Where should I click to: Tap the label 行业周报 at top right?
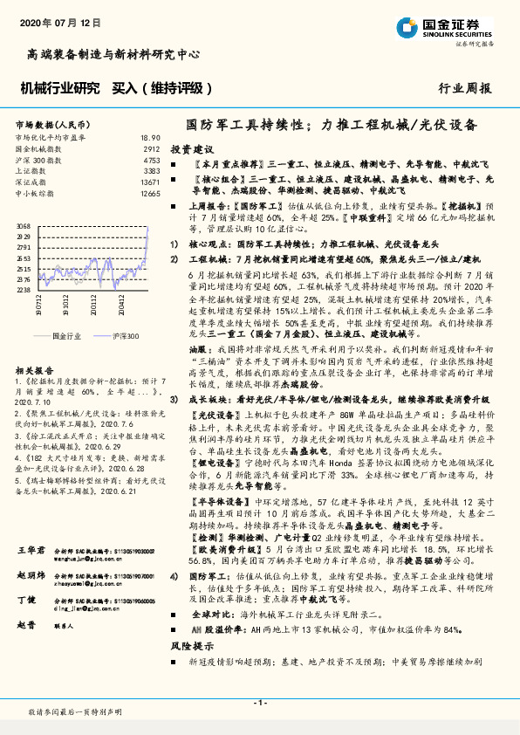464,88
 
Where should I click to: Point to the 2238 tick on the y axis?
24,290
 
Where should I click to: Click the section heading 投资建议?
191,149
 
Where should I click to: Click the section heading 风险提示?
191,647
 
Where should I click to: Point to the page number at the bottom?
260,703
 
